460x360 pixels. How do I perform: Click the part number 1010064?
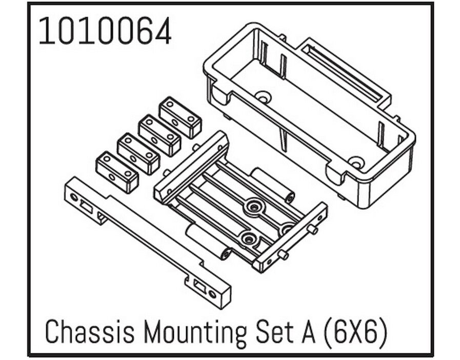[105, 31]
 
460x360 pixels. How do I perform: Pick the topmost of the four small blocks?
[180, 117]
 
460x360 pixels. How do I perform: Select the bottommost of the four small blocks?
[117, 172]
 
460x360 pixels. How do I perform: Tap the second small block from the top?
[159, 135]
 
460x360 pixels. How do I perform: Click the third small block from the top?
[138, 154]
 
